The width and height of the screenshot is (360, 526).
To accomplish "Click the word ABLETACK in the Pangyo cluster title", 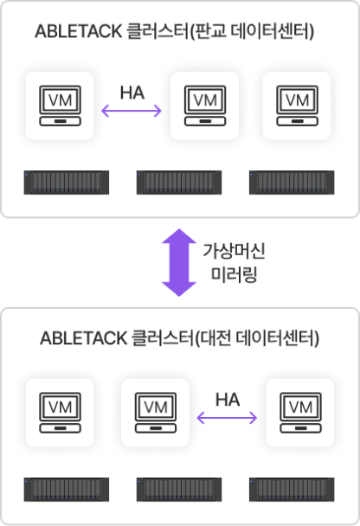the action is coord(79,32).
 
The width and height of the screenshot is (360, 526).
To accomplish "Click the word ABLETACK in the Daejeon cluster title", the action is coord(84,338).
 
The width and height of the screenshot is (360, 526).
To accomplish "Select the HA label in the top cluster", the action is coord(132,93).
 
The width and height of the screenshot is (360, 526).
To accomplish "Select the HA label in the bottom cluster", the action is coord(228,400).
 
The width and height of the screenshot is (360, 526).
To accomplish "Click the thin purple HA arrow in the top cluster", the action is coord(132,111).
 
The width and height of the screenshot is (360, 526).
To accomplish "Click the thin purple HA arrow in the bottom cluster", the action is coord(227,418).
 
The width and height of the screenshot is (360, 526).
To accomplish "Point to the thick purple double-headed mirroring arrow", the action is coord(179,263).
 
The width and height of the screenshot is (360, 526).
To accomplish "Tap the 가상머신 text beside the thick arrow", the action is coord(234,251).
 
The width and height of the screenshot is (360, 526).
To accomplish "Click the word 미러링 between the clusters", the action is coord(234,275).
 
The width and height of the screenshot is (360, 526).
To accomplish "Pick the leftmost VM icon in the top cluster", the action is coord(60,106).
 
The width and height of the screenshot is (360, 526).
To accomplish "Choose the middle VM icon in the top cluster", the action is coord(205,106).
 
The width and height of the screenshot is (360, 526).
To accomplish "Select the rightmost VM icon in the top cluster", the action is coord(297,106).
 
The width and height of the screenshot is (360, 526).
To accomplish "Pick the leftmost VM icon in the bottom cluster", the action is coord(60,413).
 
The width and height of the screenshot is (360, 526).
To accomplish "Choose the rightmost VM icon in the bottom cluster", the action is coord(300,413).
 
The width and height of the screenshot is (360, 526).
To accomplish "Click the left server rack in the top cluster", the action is coord(67,183).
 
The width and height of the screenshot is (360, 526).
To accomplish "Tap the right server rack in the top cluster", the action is coord(292,183).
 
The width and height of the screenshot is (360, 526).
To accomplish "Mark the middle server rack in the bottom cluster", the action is coord(179,490).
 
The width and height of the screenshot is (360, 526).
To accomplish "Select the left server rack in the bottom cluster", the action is coord(67,490).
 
